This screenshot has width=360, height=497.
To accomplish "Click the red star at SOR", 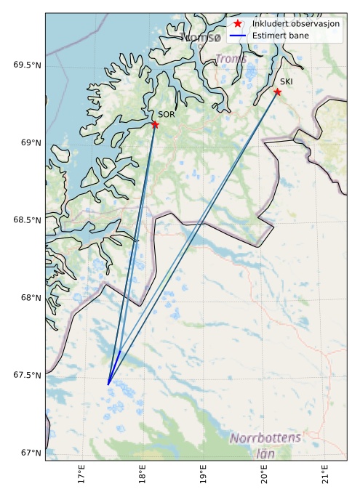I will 155,124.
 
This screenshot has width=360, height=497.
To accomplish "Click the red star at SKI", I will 277,92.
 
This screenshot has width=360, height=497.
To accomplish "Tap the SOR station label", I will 167,115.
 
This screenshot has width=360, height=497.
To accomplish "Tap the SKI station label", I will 286,82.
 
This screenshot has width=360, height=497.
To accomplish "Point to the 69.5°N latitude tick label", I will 27,65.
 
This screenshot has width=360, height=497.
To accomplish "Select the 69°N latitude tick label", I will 31,142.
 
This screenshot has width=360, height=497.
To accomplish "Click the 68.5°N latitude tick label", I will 27,220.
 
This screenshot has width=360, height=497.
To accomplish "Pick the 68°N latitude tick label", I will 31,298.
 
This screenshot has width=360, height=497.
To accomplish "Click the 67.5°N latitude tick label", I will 27,375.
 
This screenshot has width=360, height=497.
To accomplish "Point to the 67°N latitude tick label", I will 31,453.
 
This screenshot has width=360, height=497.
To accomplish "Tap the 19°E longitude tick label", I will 203,475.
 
